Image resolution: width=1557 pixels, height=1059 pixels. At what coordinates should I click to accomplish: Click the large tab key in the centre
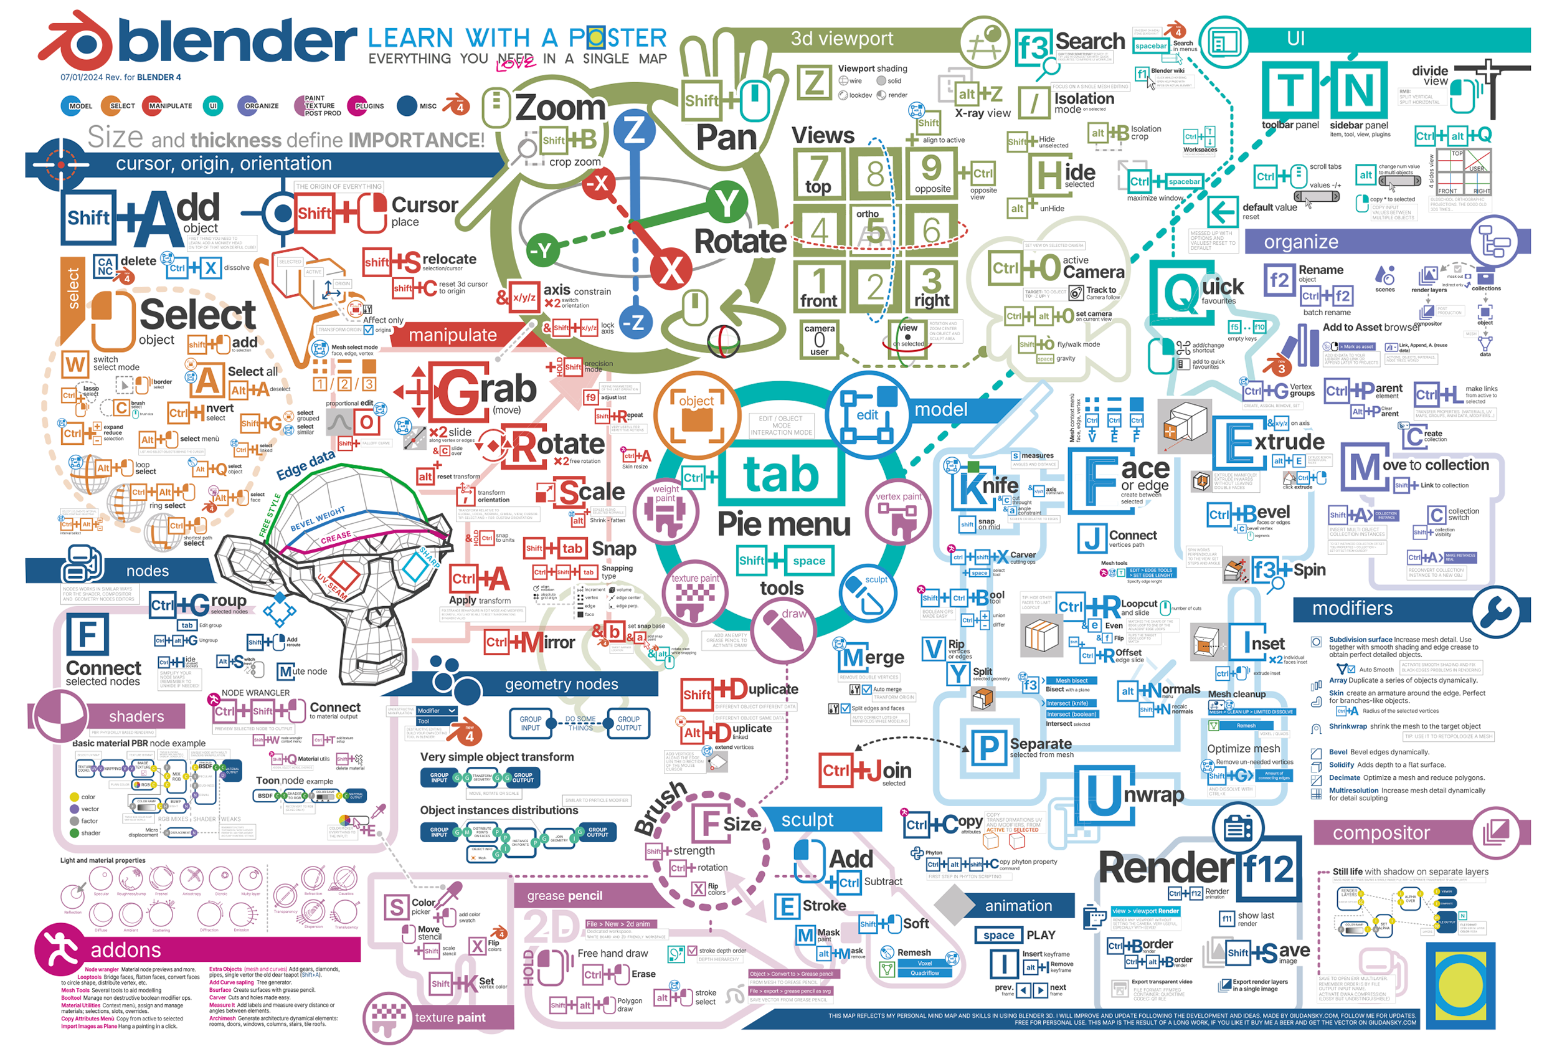coord(781,475)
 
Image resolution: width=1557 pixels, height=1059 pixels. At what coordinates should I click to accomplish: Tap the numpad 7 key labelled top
coord(818,174)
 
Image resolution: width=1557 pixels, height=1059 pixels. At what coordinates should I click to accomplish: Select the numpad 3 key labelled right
coord(931,287)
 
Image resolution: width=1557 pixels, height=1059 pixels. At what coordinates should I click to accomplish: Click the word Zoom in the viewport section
coord(560,107)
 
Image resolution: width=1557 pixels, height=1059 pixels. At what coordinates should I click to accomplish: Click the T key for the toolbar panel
coord(1290,90)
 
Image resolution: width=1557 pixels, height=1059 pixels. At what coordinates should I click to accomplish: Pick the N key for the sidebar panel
coord(1358,90)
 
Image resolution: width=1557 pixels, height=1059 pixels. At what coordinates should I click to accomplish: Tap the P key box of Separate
coord(988,748)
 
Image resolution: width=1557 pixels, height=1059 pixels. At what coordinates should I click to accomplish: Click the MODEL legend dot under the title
coord(72,106)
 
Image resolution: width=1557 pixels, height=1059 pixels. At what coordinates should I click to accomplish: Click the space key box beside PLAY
coord(998,935)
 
